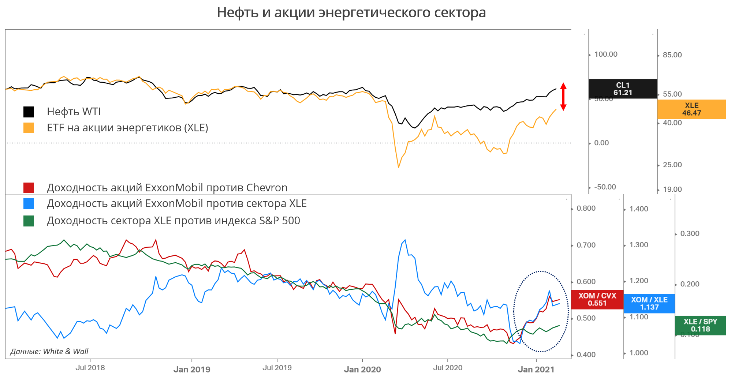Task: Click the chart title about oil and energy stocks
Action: (x=351, y=12)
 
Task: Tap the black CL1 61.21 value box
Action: (x=622, y=89)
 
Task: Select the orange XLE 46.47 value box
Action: (x=691, y=109)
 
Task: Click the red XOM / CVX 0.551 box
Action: (x=597, y=299)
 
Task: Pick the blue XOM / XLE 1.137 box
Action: (x=649, y=303)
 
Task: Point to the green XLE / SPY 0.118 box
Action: (x=700, y=325)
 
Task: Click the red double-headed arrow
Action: (x=563, y=97)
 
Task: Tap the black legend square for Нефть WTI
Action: (x=29, y=112)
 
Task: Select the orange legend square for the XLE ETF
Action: (x=29, y=128)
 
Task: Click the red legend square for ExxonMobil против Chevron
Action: (x=29, y=188)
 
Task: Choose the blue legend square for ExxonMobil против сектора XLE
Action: (x=29, y=204)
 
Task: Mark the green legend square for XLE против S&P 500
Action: (x=29, y=221)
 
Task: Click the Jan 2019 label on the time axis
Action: (x=192, y=370)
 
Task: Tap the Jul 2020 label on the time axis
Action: (x=448, y=368)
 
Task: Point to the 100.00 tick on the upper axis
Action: (x=605, y=55)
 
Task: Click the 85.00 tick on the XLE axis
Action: (x=672, y=55)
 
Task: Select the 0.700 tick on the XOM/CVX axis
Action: (x=586, y=245)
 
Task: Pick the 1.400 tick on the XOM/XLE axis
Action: (x=638, y=209)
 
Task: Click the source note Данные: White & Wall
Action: (x=49, y=352)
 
